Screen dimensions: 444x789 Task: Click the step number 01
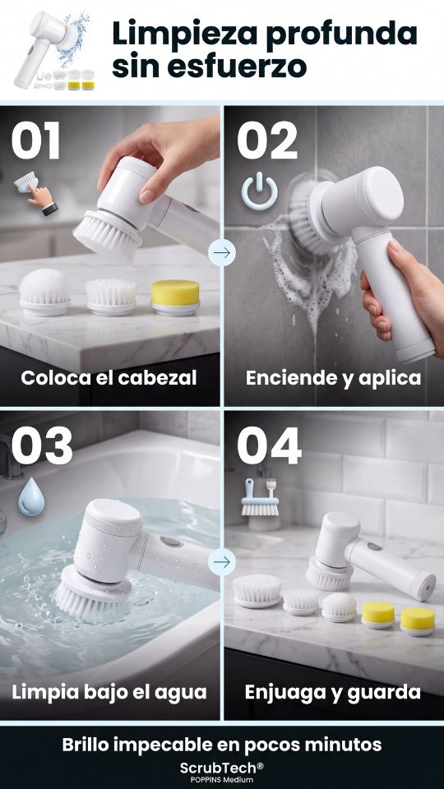[x=35, y=141]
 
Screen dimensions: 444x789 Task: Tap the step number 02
[x=266, y=141]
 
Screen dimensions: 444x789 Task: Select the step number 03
[x=42, y=445]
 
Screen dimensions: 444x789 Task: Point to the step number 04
[x=269, y=445]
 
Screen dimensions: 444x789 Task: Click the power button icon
[x=259, y=191]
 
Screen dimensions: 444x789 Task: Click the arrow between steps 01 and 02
[x=222, y=252]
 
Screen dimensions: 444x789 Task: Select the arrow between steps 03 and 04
[x=222, y=561]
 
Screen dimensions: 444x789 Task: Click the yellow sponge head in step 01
[x=176, y=298]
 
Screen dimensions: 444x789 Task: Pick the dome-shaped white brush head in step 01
[x=44, y=293]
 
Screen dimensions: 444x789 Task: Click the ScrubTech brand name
[x=222, y=768]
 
